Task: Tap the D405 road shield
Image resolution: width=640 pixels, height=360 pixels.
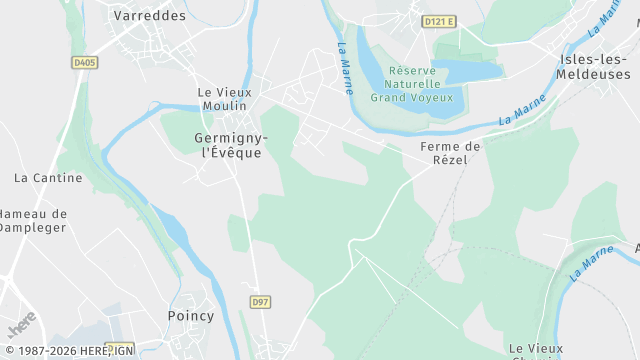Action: pyautogui.click(x=85, y=62)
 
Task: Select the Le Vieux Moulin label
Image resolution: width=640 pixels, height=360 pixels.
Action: pyautogui.click(x=226, y=99)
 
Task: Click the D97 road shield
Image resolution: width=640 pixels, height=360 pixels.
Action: pyautogui.click(x=260, y=301)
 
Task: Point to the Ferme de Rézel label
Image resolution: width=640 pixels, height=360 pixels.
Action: pyautogui.click(x=450, y=153)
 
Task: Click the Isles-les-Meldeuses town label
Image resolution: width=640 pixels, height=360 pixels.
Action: pyautogui.click(x=596, y=66)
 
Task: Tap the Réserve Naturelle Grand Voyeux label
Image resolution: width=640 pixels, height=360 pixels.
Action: pyautogui.click(x=412, y=84)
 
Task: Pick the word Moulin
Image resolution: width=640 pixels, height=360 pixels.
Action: pyautogui.click(x=226, y=107)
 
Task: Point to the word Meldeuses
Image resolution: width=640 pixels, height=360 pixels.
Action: pyautogui.click(x=596, y=74)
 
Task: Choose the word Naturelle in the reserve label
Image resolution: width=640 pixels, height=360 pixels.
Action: pyautogui.click(x=412, y=84)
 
